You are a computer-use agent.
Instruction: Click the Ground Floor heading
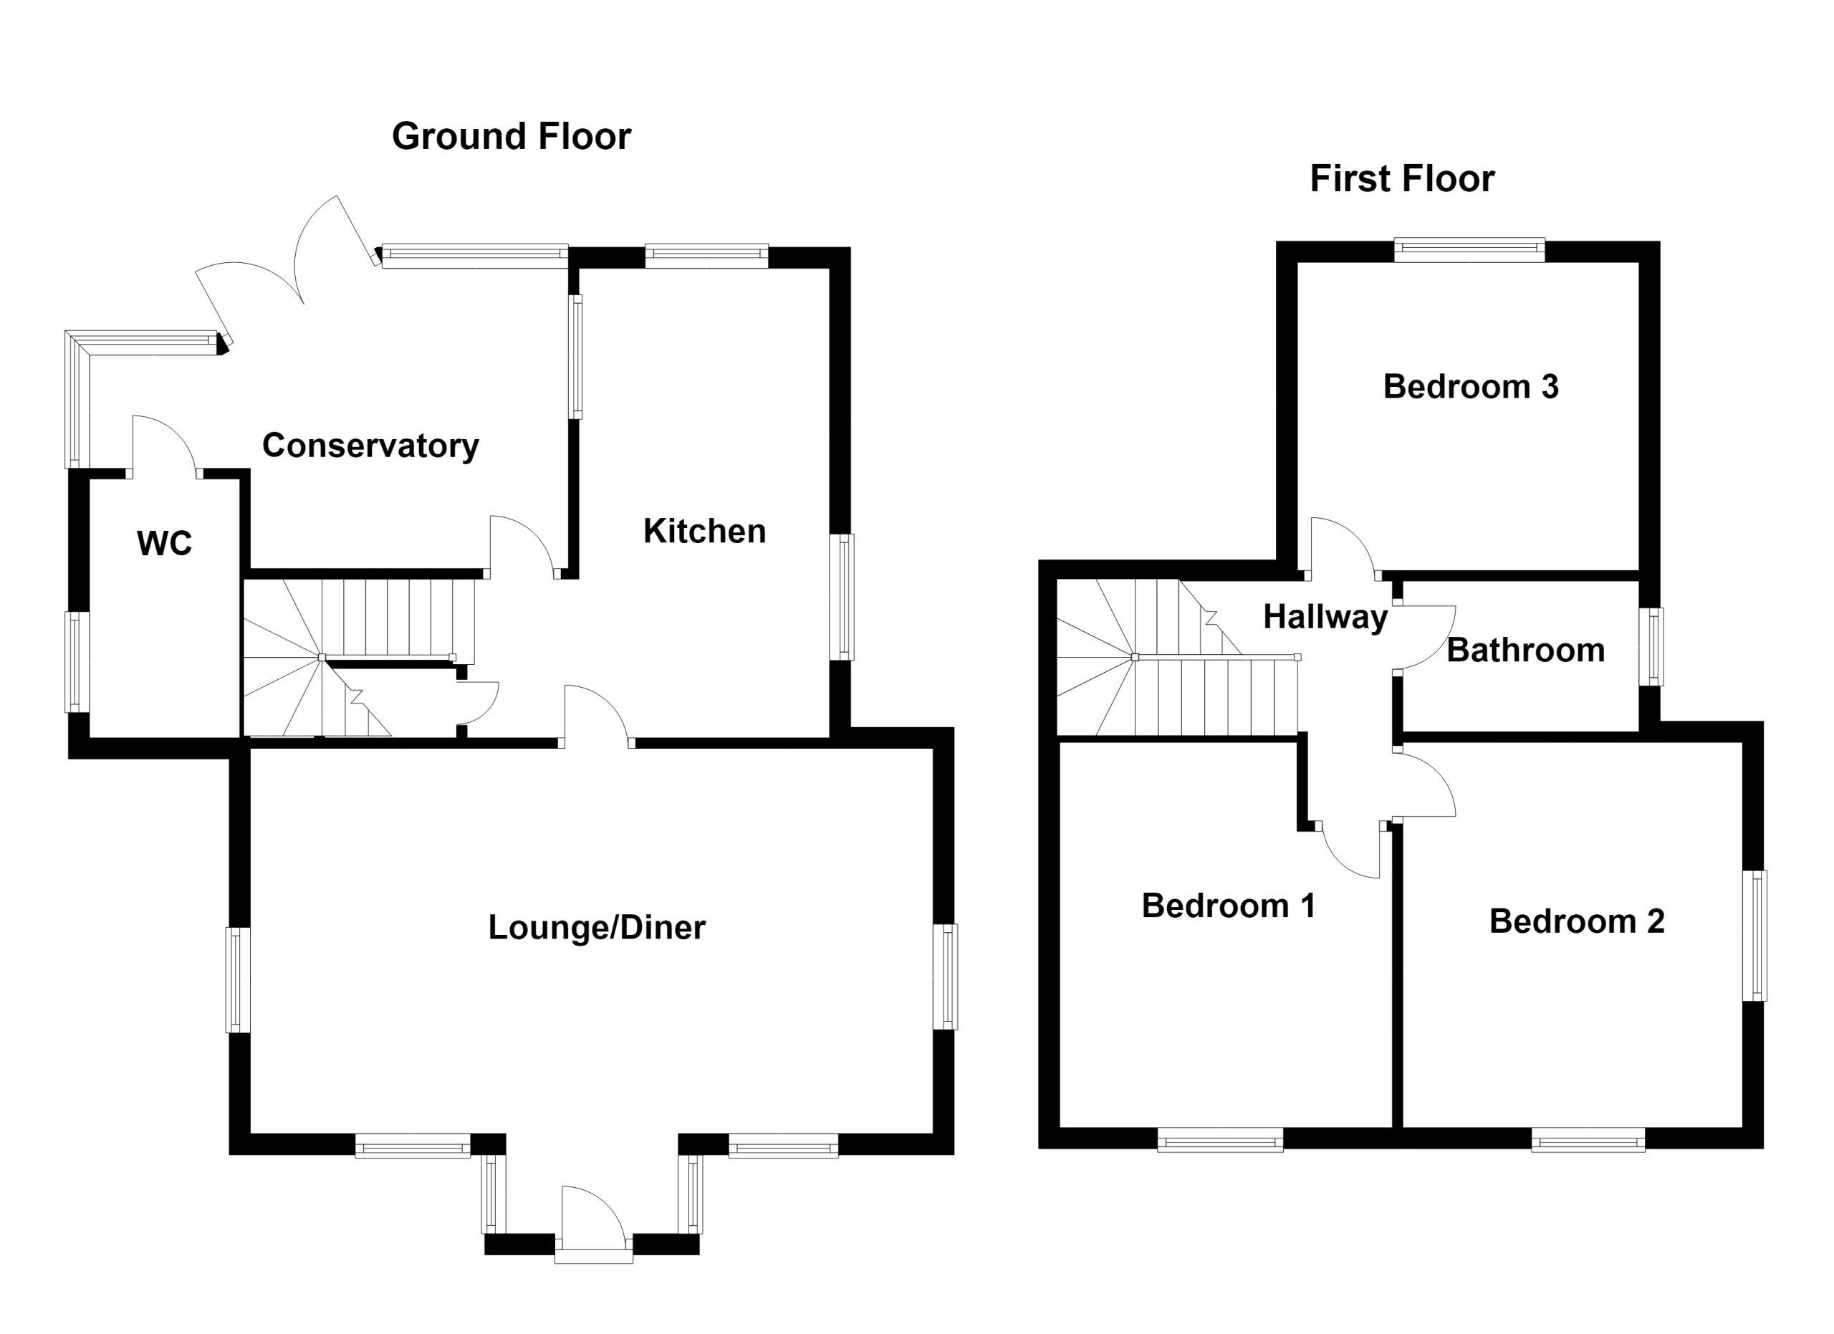click(x=511, y=137)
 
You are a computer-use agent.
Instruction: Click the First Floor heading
click(x=1402, y=178)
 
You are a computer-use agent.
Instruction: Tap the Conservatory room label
click(x=370, y=446)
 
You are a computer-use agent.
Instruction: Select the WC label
click(x=165, y=543)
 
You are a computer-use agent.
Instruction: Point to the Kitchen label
click(x=704, y=531)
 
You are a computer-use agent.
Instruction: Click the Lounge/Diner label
click(x=597, y=927)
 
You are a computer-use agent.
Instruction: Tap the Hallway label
click(x=1325, y=618)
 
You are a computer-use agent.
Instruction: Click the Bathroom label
click(x=1525, y=650)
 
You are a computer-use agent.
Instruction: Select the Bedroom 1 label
click(x=1229, y=906)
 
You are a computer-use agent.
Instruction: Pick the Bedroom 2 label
click(x=1577, y=921)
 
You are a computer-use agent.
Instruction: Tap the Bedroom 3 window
click(x=1469, y=250)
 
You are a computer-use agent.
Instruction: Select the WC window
click(x=77, y=662)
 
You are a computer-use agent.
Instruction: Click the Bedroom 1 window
click(x=1220, y=1139)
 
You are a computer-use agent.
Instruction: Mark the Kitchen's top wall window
click(x=707, y=256)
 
